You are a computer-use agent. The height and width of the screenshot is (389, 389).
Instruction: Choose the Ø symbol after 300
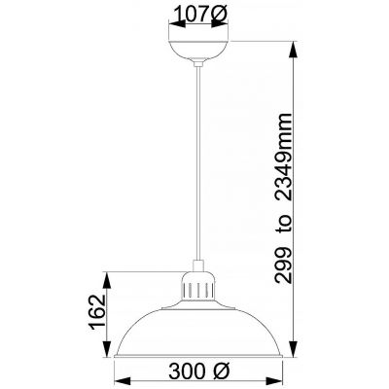[x=221, y=373]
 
